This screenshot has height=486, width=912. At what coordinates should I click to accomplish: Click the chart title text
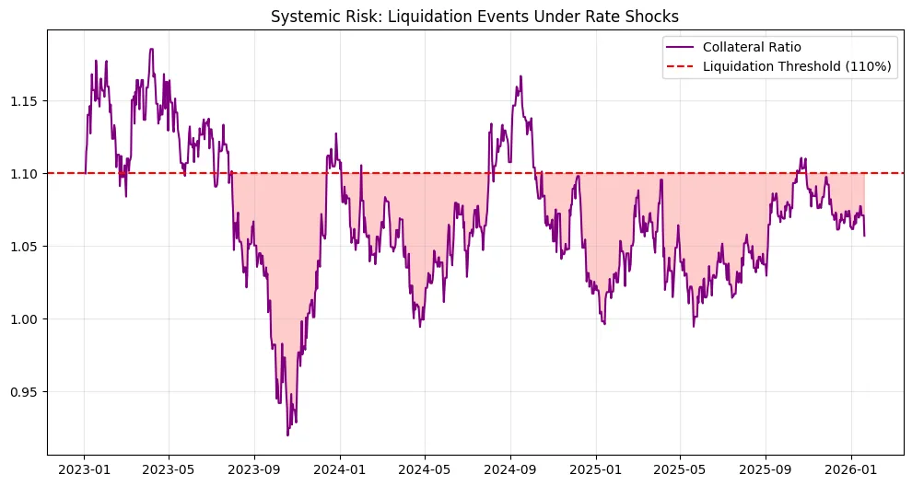[475, 16]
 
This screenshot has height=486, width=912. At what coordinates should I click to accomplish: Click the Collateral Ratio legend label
[758, 47]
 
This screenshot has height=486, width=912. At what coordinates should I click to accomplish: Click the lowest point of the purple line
[287, 434]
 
